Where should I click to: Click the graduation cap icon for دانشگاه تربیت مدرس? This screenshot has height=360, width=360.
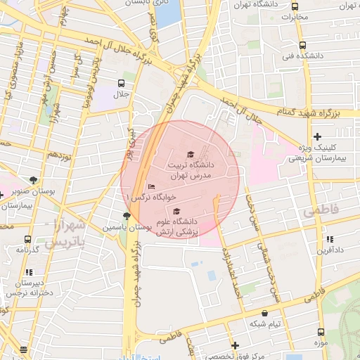[190, 154]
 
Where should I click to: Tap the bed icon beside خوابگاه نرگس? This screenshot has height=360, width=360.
[151, 186]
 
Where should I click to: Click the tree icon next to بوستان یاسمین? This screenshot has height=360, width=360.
[126, 216]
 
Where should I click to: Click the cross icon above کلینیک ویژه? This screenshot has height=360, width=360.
[318, 136]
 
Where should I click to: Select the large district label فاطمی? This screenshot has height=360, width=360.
[321, 210]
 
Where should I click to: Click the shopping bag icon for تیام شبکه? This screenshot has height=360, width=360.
[264, 314]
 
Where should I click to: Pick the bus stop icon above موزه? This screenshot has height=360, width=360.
[321, 332]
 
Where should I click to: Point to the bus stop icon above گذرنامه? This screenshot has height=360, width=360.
[27, 239]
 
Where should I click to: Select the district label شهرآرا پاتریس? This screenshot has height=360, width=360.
[65, 233]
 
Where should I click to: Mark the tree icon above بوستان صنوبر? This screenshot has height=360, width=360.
[32, 180]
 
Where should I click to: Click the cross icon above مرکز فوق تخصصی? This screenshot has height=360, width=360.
[235, 345]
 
